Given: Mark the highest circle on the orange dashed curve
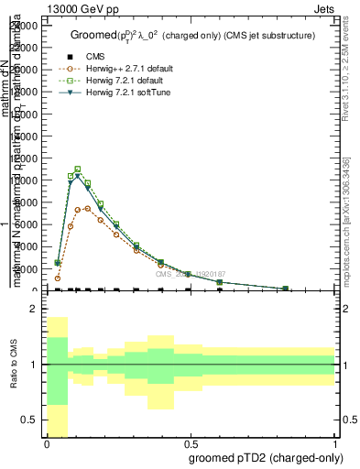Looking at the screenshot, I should (87, 208).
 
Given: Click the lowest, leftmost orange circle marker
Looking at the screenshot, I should (58, 278).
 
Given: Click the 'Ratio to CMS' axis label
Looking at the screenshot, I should (14, 365).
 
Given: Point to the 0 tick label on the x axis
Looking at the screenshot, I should (47, 443).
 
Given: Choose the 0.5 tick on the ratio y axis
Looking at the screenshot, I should (29, 420).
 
